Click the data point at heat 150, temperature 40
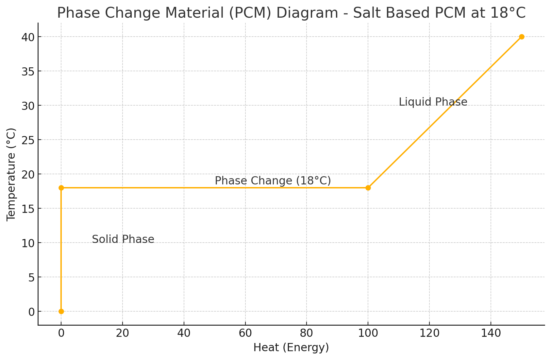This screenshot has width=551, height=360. pos(522,37)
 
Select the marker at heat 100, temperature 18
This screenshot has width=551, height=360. pos(368,188)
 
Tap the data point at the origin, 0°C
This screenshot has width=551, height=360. pos(61,311)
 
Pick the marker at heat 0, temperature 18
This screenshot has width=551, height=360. pos(61,188)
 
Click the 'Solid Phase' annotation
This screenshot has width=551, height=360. pos(123,239)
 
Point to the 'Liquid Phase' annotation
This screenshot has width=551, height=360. pos(433,102)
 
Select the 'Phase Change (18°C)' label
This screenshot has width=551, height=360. pos(273,181)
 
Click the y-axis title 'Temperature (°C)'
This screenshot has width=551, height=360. pos(11,174)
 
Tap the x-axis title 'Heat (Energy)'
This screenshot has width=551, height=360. pos(291,348)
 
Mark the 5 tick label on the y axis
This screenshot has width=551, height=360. pos(31,277)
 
